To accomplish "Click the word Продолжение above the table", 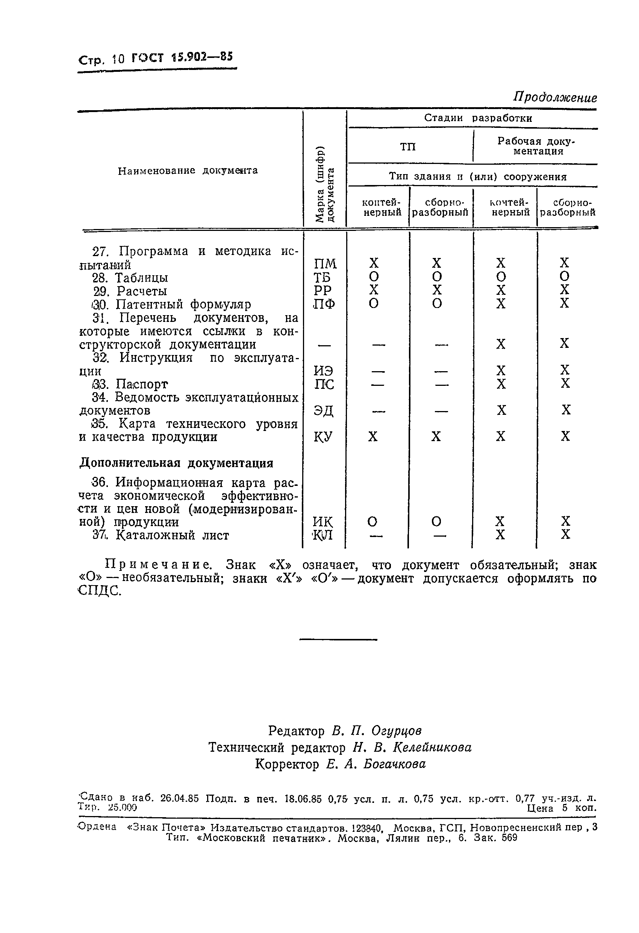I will pyautogui.click(x=555, y=97).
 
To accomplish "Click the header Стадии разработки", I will pyautogui.click(x=478, y=118).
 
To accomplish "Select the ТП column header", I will pyautogui.click(x=408, y=147).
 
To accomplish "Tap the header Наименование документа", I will pyautogui.click(x=188, y=171).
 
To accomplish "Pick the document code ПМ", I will pyautogui.click(x=325, y=264).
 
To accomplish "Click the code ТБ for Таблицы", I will pyautogui.click(x=322, y=278).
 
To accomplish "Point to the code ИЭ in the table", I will pyautogui.click(x=324, y=371).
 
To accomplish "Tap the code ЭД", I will pyautogui.click(x=324, y=411).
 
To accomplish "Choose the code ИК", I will pyautogui.click(x=323, y=522).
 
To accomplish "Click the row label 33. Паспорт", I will pyautogui.click(x=130, y=384).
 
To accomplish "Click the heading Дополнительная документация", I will pyautogui.click(x=176, y=463).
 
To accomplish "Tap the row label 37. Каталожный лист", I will pyautogui.click(x=161, y=535).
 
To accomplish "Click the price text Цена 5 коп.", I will pyautogui.click(x=561, y=808).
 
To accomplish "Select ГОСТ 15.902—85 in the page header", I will pyautogui.click(x=182, y=58).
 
